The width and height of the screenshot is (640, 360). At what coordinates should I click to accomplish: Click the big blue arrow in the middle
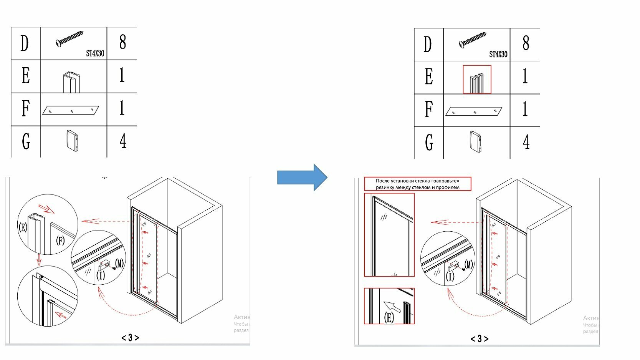tap(302, 178)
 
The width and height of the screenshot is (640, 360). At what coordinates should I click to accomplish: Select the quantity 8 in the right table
tap(526, 43)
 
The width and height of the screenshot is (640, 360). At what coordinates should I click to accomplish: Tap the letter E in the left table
tap(25, 76)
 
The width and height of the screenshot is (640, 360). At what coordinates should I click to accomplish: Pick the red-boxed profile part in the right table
tap(477, 80)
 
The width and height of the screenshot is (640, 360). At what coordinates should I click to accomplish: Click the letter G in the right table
tap(429, 143)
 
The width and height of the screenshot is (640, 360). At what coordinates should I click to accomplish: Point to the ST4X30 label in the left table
tap(95, 53)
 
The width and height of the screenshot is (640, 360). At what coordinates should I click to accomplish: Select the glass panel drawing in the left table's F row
tap(71, 110)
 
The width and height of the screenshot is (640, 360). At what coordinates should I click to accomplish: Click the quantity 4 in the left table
tap(123, 141)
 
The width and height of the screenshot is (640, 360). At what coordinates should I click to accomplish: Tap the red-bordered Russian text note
tap(417, 184)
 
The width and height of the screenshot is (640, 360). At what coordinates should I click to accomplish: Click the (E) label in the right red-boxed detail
tap(389, 317)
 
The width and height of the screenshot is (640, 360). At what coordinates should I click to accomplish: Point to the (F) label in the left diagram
tap(60, 241)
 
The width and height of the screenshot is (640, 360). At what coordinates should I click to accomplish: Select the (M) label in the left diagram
tap(119, 263)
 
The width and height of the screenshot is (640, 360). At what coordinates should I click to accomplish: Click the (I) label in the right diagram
tap(450, 276)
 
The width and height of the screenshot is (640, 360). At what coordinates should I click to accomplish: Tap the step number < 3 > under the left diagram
tap(130, 338)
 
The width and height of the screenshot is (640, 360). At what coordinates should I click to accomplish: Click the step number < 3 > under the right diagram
tap(480, 338)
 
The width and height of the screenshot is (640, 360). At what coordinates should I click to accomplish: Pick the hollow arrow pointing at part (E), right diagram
tap(392, 307)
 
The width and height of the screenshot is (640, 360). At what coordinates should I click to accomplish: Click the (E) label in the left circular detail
tap(23, 227)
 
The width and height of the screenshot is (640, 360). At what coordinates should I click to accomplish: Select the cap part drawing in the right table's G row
tap(475, 142)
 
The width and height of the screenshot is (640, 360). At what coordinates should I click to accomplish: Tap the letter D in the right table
tap(428, 45)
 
